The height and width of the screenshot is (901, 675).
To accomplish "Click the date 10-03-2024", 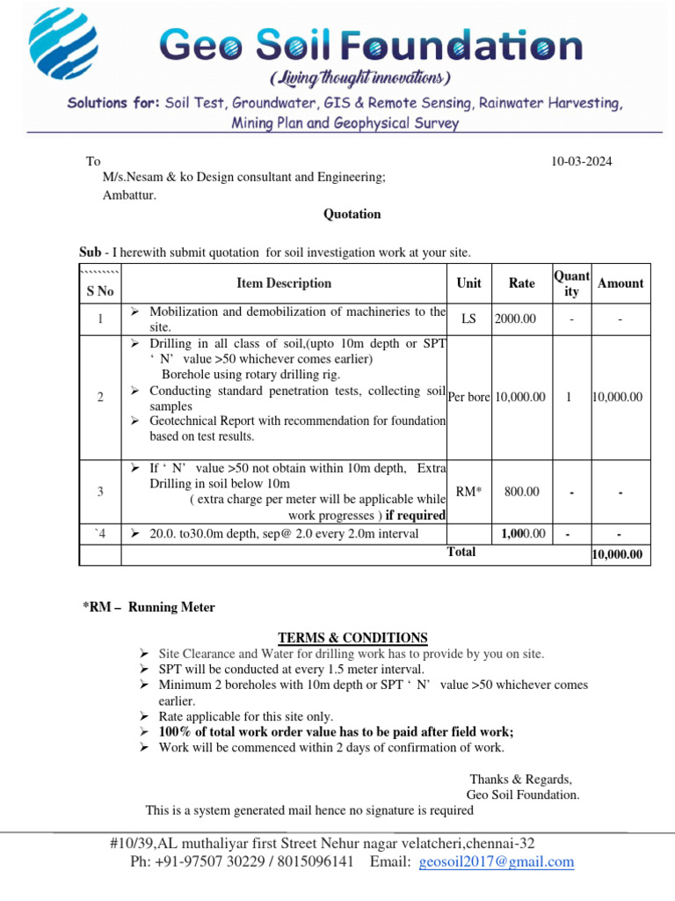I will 581,161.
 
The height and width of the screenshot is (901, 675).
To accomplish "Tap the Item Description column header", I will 284,283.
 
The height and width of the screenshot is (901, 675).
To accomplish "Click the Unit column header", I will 468,283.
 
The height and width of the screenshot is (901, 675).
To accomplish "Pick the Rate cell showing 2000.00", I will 515,319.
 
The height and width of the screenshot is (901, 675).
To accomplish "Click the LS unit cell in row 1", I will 468,319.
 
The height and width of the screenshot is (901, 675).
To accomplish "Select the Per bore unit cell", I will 469,398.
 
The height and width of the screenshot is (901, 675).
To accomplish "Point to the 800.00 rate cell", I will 521,492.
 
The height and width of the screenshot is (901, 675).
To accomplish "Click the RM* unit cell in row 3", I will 468,492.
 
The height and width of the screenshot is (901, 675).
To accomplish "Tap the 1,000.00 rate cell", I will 523,534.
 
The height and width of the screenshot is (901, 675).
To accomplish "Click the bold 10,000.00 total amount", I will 619,555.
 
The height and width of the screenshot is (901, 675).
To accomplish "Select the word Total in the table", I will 461,553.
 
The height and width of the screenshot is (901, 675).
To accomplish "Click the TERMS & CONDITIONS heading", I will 352,638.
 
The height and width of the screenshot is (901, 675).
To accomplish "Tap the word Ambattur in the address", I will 129,195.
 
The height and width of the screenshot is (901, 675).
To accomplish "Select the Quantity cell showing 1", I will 570,398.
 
